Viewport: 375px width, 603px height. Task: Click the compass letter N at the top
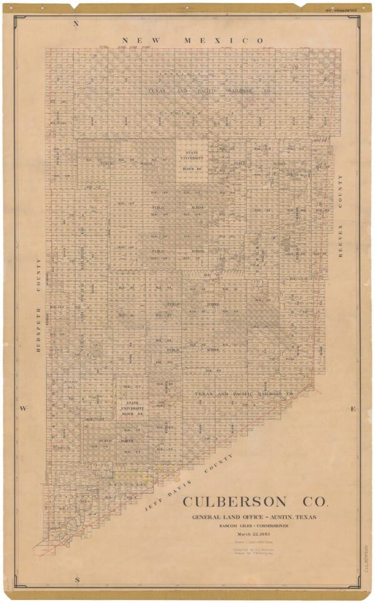[x=76, y=24]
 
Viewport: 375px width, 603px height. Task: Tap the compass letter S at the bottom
[x=77, y=581]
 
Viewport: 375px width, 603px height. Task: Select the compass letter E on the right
[x=353, y=409]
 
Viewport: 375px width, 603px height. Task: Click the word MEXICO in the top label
[x=224, y=41]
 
